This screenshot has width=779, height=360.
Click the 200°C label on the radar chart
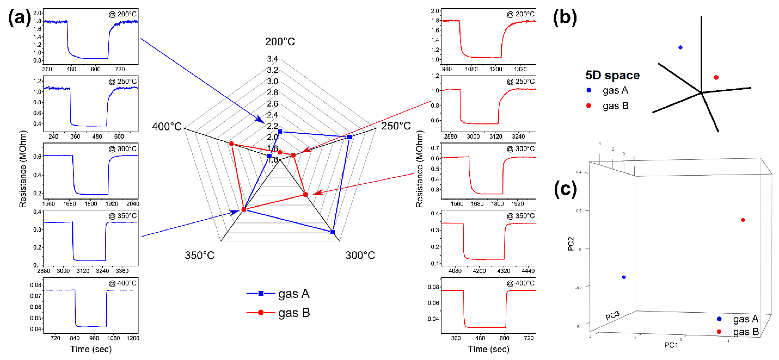[x=280, y=41]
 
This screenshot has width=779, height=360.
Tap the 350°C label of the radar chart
[x=200, y=255]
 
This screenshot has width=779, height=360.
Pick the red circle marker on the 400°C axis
[x=231, y=144]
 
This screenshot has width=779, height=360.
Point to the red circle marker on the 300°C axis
[x=305, y=194]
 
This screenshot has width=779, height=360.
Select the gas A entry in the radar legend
[x=278, y=294]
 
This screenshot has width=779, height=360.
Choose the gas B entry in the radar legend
[x=278, y=313]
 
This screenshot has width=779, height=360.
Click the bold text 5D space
[x=612, y=75]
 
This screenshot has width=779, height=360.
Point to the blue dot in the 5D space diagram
[x=680, y=47]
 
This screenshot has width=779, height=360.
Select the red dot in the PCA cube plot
[x=743, y=220]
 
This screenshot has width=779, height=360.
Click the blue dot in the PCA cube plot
[x=624, y=277]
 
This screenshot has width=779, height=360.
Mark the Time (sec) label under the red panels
[x=488, y=349]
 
